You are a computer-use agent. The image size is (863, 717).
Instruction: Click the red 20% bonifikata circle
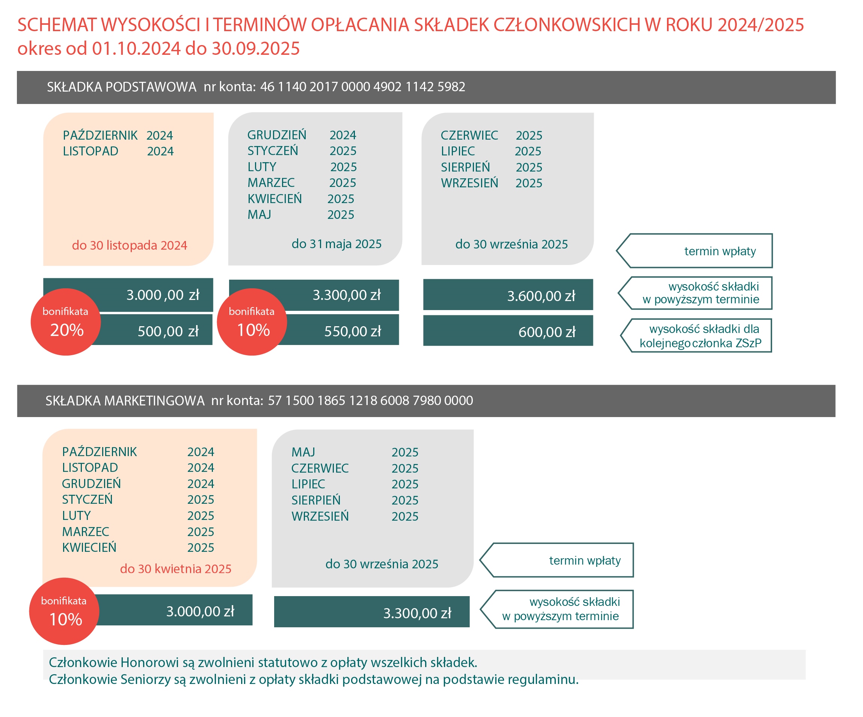coord(66,322)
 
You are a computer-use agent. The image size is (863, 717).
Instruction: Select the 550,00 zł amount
coord(352,331)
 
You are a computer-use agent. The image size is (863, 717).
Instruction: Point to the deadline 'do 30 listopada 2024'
coord(130,245)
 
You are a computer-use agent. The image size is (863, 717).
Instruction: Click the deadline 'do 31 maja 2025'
coord(336,244)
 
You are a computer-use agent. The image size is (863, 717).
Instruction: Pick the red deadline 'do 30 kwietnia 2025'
coord(175,569)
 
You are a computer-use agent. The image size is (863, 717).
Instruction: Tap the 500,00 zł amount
coord(167,331)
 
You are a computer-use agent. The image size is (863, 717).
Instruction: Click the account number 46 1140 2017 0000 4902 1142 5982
coord(362,87)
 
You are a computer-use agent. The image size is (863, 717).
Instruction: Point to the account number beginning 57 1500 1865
coord(370,401)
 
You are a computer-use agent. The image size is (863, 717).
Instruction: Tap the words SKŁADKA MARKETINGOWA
coord(125,401)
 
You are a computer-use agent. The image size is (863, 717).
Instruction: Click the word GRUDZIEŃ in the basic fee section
coord(276,135)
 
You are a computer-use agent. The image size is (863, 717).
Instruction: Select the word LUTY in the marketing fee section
coord(77,516)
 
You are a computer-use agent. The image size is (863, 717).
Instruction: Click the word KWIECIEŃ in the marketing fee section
coord(89,548)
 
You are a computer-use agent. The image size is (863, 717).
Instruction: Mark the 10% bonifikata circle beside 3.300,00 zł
coord(252,322)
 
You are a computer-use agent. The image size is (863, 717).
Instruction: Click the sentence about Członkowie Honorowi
coord(263,662)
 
